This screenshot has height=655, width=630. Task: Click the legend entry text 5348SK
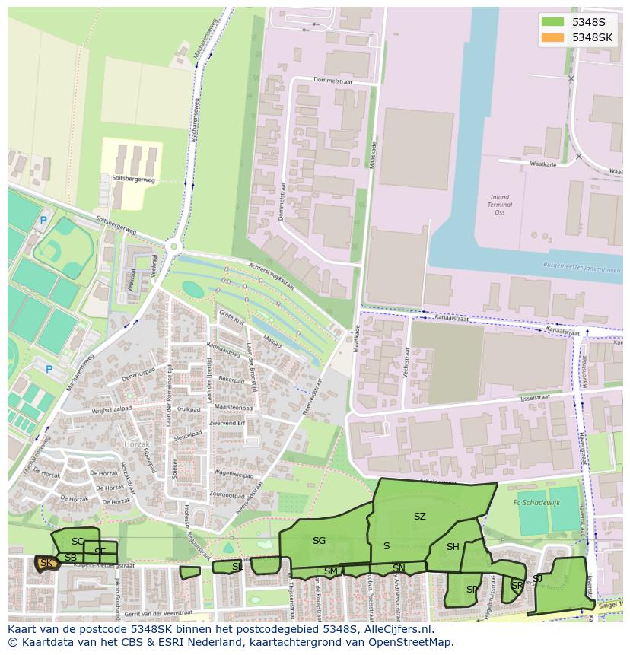(x=592, y=37)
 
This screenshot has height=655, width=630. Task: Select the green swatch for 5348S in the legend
(x=553, y=21)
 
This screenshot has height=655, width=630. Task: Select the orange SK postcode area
(x=46, y=563)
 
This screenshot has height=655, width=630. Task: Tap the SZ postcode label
(x=419, y=517)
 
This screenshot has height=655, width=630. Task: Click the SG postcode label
(x=319, y=541)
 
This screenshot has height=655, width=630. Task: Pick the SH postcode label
(x=453, y=547)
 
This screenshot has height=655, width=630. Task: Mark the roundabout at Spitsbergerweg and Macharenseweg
(x=175, y=246)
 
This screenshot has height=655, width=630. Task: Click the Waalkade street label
(x=543, y=164)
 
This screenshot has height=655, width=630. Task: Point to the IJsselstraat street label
(x=536, y=397)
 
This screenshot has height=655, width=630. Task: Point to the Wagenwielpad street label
(x=233, y=473)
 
